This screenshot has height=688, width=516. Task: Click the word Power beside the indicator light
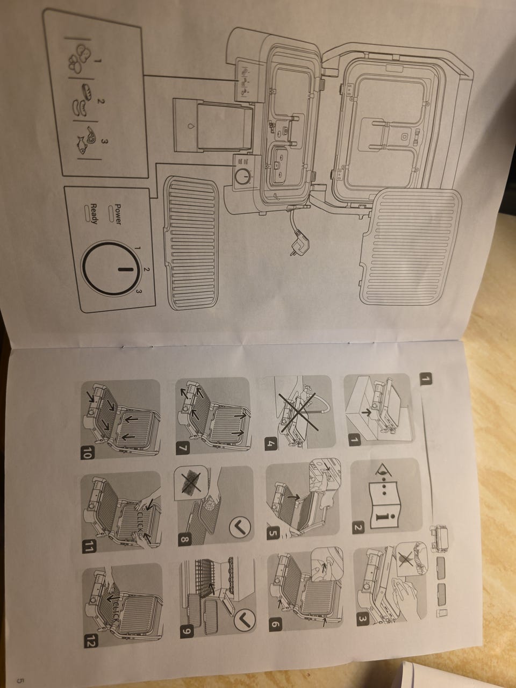pos(118,214)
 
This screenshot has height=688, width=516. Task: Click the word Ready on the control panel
pos(94,214)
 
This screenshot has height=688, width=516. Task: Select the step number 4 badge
pos(271,444)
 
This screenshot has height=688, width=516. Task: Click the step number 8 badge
pos(184,540)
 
